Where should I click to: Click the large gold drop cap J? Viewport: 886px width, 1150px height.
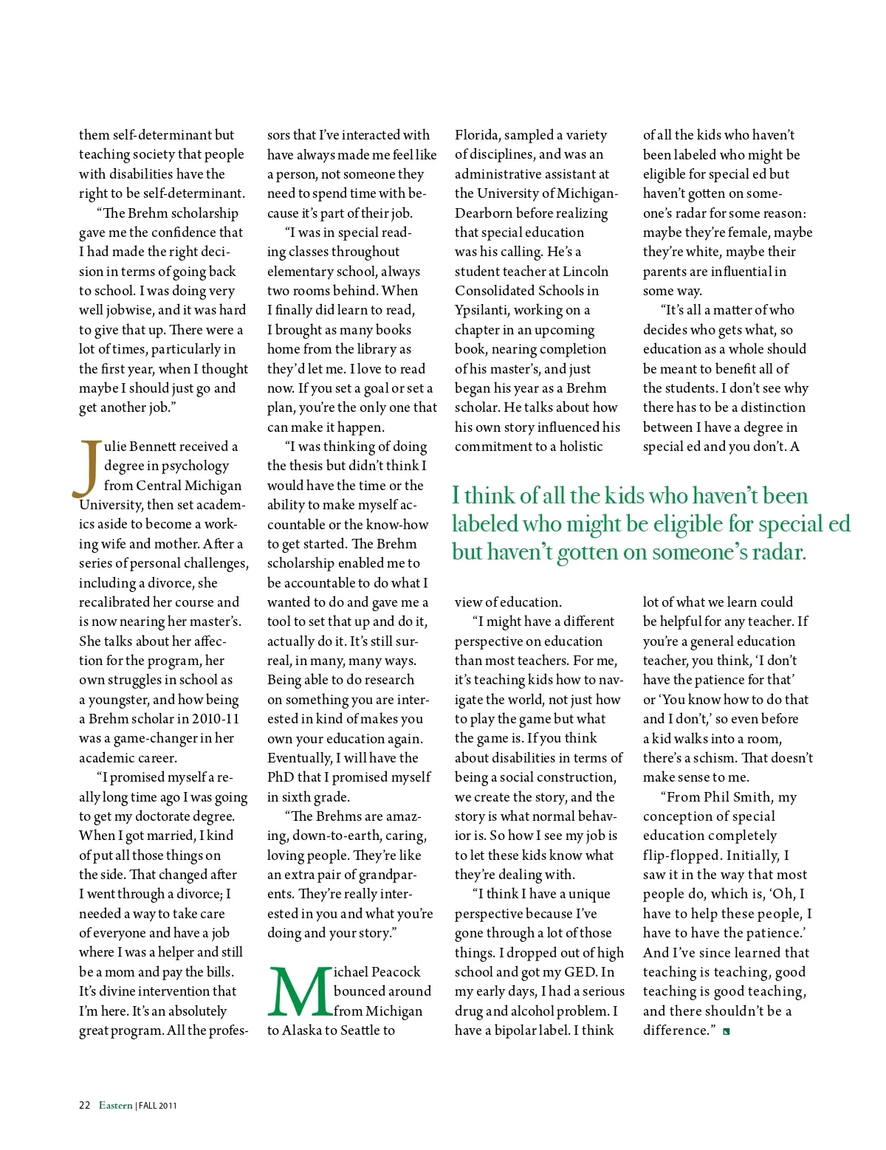tap(89, 468)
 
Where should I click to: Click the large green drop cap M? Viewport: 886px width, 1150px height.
tap(299, 991)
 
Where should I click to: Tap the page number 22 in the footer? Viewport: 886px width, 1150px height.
tap(84, 1105)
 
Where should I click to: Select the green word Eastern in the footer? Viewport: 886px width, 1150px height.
tap(116, 1105)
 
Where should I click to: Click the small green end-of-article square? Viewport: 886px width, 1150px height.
tap(727, 1032)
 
